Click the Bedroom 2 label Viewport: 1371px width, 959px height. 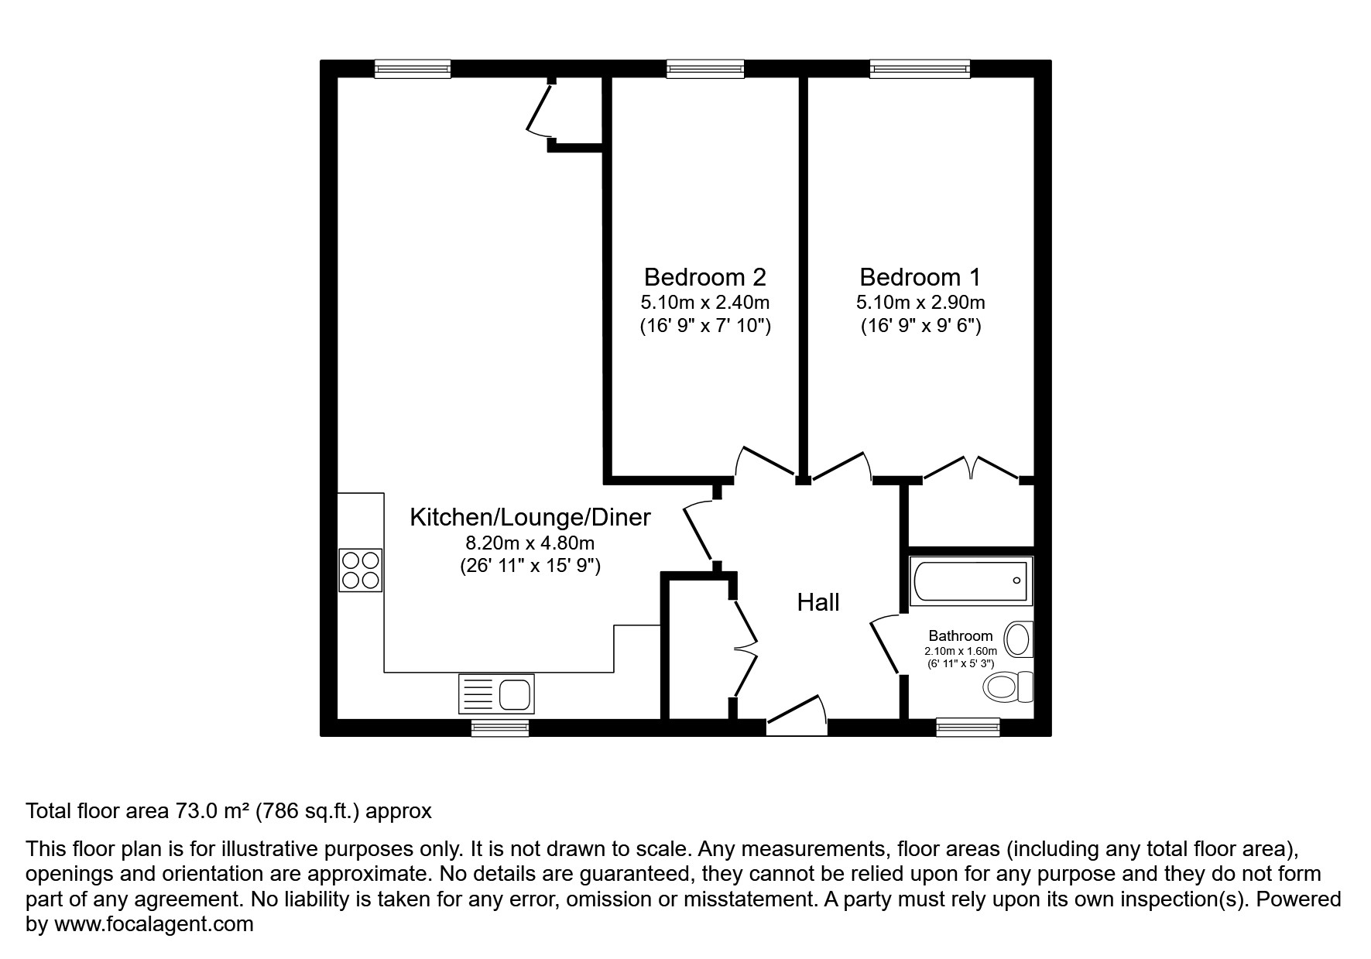click(704, 276)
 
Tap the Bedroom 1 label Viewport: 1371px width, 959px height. click(920, 276)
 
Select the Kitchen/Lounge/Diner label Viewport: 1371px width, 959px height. click(530, 516)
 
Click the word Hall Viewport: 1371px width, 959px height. click(818, 602)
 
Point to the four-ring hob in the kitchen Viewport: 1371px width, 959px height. click(361, 570)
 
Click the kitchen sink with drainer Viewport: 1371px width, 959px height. click(496, 693)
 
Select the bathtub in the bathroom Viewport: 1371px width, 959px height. click(971, 581)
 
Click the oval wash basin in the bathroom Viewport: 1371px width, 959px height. click(1018, 639)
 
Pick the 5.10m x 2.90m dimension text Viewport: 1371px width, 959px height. click(920, 302)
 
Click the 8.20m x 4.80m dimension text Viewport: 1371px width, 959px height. click(530, 543)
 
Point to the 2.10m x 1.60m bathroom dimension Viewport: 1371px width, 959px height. click(960, 652)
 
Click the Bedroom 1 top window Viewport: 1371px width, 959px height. click(920, 70)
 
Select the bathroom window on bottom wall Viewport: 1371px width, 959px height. click(967, 727)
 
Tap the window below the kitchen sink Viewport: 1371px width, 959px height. click(500, 727)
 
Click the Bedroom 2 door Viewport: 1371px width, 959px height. click(764, 462)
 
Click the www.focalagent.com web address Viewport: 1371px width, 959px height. click(153, 924)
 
